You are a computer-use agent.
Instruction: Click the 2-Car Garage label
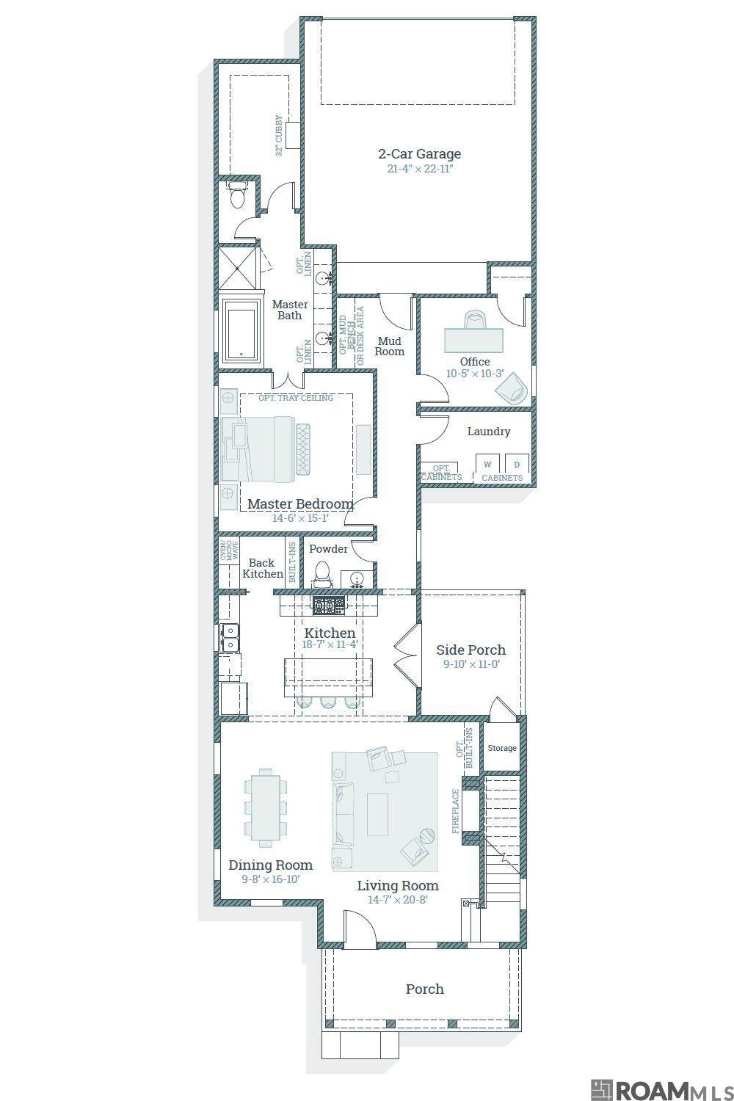point(419,154)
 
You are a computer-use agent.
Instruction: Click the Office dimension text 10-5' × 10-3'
point(475,374)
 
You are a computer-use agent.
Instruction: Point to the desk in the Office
point(474,340)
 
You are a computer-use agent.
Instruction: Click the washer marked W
point(487,465)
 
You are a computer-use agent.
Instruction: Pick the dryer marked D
point(517,465)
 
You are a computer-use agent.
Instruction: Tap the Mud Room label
point(389,346)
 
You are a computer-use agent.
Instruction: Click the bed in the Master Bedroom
point(266,448)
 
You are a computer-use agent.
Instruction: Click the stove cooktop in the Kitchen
point(329,606)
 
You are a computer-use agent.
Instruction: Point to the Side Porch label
point(471,650)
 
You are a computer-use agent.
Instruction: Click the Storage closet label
point(502,748)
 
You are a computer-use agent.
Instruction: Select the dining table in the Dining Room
point(266,807)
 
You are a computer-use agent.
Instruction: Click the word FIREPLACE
point(456,811)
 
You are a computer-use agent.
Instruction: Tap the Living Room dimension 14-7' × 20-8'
point(398,900)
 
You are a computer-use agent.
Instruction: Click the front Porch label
point(425,989)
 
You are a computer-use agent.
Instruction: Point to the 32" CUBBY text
point(279,136)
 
